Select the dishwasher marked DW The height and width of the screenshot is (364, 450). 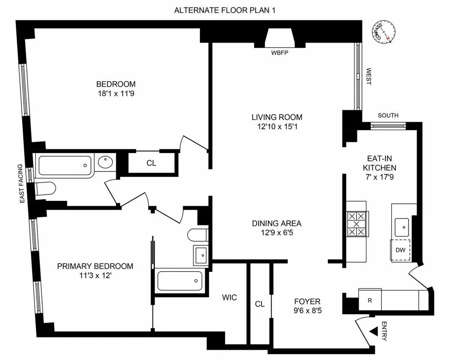pos(401,250)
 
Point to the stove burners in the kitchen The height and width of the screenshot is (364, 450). pos(356,224)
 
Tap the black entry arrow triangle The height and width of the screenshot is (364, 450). pos(373,332)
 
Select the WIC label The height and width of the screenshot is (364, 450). pos(229,298)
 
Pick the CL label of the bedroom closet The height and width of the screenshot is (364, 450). pos(151,163)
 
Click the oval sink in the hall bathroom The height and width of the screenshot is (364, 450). pos(105,163)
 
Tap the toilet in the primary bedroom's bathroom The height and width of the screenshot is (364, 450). pos(197,234)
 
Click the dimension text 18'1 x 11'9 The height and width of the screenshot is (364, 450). pos(115,94)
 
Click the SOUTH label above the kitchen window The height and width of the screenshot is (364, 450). pos(388,116)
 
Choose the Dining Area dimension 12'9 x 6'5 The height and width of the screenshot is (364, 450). pos(276,233)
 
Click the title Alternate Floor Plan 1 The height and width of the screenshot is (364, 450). pos(225,10)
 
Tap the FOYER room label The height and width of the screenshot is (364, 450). pos(307,301)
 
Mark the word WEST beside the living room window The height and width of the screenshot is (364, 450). pos(368,76)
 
